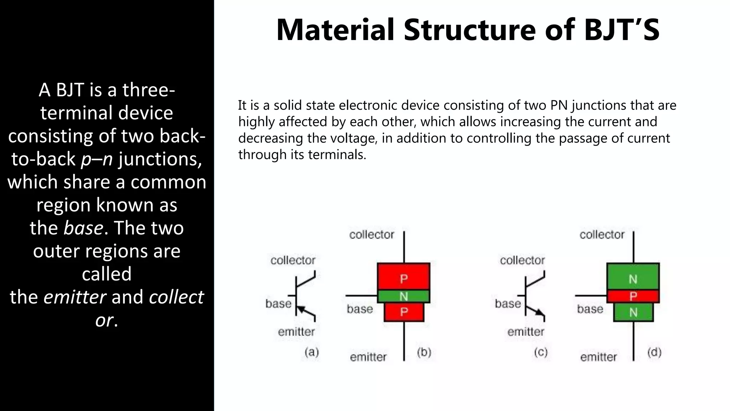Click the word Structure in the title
[x=470, y=30]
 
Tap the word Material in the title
[x=335, y=30]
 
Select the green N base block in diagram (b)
[x=403, y=296]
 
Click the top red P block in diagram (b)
[x=403, y=277]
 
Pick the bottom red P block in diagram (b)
[x=404, y=312]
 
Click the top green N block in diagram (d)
[x=633, y=277]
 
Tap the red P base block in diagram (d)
[x=633, y=296]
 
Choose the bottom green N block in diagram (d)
[x=633, y=312]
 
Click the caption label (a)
[x=312, y=352]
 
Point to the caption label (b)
[x=424, y=352]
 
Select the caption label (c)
[x=541, y=352]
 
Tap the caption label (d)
[x=654, y=352]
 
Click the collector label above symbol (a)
[x=293, y=260]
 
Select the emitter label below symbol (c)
[x=526, y=332]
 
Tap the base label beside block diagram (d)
[x=590, y=309]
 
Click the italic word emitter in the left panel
[x=75, y=297]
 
